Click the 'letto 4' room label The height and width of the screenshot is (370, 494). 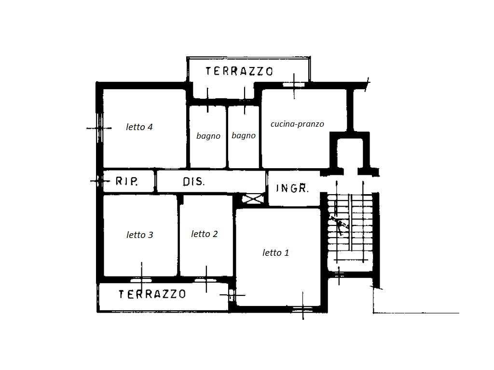click(x=139, y=127)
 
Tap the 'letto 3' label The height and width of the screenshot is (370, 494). click(x=139, y=235)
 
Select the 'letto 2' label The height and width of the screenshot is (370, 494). click(x=204, y=234)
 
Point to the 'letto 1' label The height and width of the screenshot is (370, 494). click(x=275, y=252)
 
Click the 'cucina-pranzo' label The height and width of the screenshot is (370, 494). click(x=297, y=124)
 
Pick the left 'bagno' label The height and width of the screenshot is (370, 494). click(x=208, y=136)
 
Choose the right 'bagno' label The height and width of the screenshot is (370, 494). click(x=244, y=136)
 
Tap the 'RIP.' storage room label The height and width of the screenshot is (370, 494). click(x=127, y=181)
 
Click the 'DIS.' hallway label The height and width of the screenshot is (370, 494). click(x=194, y=182)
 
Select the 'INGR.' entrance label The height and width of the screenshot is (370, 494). click(x=292, y=188)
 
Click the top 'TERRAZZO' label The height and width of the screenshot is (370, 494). click(x=239, y=71)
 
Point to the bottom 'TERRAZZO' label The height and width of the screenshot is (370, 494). click(x=152, y=294)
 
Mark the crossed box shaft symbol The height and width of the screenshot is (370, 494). click(x=253, y=199)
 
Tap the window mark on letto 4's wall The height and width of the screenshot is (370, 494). click(x=99, y=128)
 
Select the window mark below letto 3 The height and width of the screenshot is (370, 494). click(x=141, y=280)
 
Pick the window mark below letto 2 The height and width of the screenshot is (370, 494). click(x=206, y=280)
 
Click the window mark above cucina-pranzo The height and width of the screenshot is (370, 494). click(x=294, y=85)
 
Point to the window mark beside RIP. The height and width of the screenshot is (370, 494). click(x=100, y=181)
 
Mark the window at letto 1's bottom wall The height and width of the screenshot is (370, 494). click(x=303, y=309)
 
